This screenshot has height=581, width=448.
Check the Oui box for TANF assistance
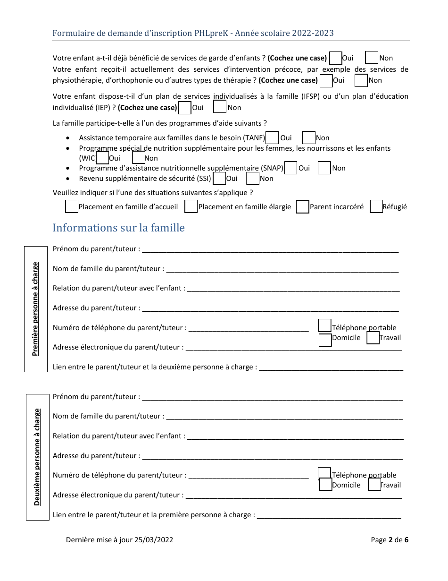tap(272, 137)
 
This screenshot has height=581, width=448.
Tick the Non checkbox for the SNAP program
tap(324, 168)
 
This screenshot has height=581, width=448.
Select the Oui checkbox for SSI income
tap(219, 179)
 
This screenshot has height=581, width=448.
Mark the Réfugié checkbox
tap(376, 207)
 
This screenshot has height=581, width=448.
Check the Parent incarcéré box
tap(302, 207)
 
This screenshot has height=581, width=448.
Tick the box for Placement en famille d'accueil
tap(71, 207)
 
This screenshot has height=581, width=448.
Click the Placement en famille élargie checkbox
tap(191, 207)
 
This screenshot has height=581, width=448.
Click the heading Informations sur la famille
tap(118, 228)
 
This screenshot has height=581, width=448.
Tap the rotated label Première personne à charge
tap(36, 309)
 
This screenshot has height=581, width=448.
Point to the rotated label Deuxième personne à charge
tap(37, 457)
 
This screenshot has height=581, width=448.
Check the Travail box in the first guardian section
tap(373, 338)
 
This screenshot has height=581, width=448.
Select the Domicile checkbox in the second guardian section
tap(325, 485)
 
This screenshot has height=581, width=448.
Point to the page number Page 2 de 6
tap(389, 539)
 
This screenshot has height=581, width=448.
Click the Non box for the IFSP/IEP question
tap(220, 107)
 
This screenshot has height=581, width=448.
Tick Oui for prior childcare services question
tap(336, 58)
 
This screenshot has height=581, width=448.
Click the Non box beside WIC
tap(139, 158)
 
